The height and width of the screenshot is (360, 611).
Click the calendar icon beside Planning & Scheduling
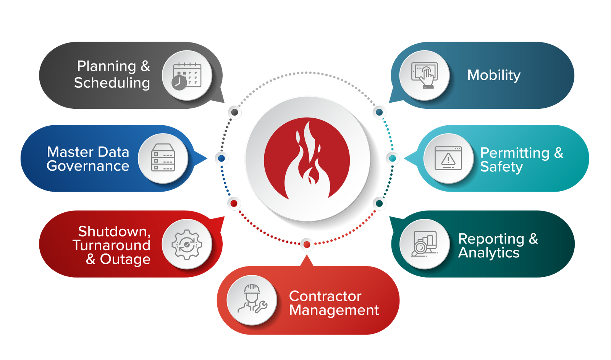coord(187,76)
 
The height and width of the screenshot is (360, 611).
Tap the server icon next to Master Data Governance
coord(163,158)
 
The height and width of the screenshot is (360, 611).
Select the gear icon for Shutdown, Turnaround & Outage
coord(187,244)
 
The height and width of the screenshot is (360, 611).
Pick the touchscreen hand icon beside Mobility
coord(424,76)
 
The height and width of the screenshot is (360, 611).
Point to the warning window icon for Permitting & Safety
coord(448,158)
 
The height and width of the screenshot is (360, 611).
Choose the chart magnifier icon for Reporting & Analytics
coord(424,244)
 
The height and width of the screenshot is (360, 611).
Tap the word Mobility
coord(494,75)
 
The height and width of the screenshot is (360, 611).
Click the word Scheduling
coord(112,83)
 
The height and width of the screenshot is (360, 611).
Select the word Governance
coord(88,166)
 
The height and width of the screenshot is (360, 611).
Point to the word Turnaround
coord(112,245)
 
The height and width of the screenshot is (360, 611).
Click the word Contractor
coord(325,296)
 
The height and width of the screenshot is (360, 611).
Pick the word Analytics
coord(489,253)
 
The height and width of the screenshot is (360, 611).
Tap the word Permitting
coord(515,153)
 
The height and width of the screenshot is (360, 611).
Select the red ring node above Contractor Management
coord(306,244)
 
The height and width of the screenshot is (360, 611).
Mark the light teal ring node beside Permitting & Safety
coord(392,158)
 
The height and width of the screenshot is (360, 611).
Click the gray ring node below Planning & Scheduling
coord(234,112)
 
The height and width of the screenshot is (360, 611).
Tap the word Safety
coord(501,167)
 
